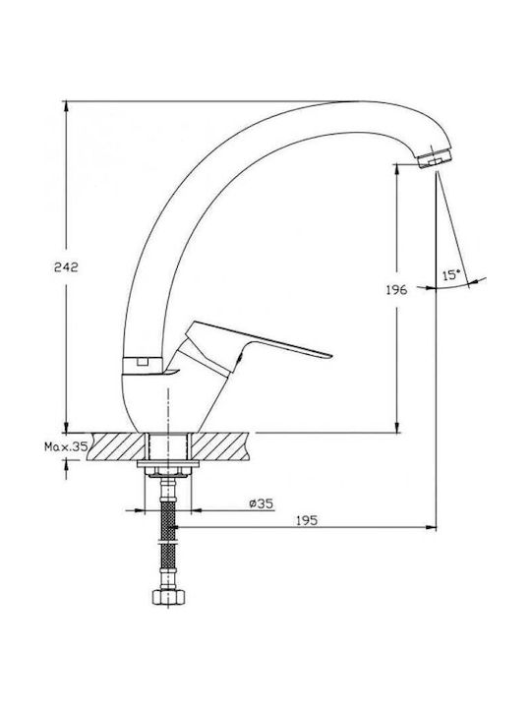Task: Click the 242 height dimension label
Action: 66,266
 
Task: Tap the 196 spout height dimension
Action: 396,289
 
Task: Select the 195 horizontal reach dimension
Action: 307,520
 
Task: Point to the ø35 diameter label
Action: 262,503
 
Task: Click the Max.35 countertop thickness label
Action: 66,446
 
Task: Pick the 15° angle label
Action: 451,274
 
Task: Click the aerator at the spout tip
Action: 435,159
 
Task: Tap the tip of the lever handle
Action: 331,356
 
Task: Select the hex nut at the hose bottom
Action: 168,597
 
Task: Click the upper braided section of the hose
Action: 168,520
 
